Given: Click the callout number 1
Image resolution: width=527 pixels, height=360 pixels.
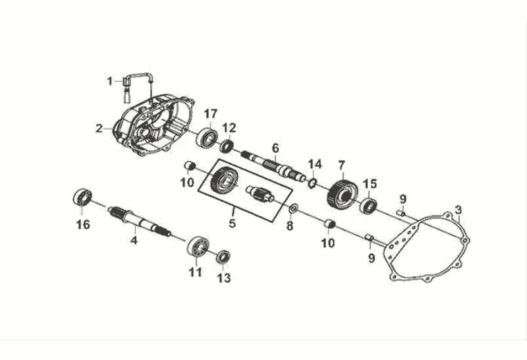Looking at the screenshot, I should coord(111,81).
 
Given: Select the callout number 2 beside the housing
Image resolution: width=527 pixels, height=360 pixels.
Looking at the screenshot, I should coord(98,128).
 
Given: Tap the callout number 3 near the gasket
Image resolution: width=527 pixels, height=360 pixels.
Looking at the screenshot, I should coord(460,210).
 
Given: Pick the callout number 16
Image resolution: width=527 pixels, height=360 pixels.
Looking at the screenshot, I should coord(82,225).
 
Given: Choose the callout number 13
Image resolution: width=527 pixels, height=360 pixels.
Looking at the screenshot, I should coord(224,278).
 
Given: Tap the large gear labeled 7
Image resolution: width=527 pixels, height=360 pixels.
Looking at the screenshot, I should coord(342,193).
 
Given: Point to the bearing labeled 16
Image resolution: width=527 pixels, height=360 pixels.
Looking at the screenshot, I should coord(81,196).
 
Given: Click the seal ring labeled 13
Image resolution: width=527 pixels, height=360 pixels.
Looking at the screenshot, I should coord(223,256).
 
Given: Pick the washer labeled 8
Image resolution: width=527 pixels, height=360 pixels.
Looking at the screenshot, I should coord(292,210).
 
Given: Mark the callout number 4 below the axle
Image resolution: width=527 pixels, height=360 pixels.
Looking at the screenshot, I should coord(134,241).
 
